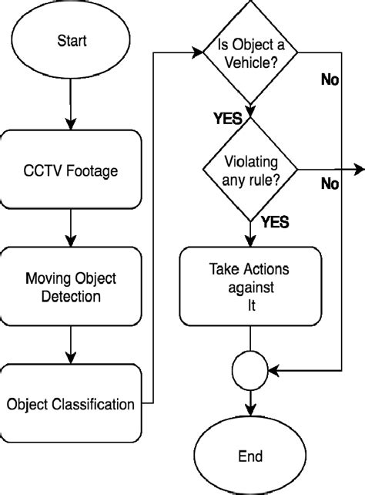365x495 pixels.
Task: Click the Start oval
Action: pyautogui.click(x=72, y=41)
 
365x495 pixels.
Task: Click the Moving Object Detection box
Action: pyautogui.click(x=72, y=286)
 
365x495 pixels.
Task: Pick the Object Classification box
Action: pyautogui.click(x=72, y=403)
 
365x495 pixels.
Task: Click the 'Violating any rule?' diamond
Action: pyautogui.click(x=250, y=170)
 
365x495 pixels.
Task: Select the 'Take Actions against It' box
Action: pyautogui.click(x=250, y=286)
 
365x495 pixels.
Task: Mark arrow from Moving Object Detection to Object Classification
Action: pyautogui.click(x=72, y=344)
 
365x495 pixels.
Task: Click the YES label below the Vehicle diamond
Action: pyautogui.click(x=227, y=119)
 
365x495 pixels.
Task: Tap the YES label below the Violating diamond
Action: pyautogui.click(x=275, y=223)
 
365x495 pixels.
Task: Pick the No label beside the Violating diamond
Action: pyautogui.click(x=330, y=184)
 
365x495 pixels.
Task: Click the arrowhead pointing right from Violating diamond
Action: pyautogui.click(x=359, y=170)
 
